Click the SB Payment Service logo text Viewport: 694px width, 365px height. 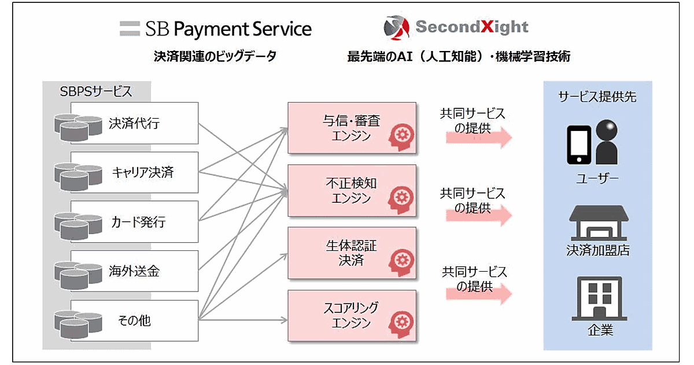tap(228, 29)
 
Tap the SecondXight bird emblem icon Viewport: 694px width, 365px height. tap(397, 28)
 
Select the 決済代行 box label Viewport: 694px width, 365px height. tap(134, 123)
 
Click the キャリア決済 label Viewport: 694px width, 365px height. tap(143, 172)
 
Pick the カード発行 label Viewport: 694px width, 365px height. tap(138, 222)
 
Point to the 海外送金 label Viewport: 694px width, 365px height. tap(134, 271)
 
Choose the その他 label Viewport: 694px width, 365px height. tap(134, 320)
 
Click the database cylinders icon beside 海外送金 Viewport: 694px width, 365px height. tap(78, 275)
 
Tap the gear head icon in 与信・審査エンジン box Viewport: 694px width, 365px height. tap(401, 137)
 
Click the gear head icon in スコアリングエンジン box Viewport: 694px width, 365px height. tap(401, 324)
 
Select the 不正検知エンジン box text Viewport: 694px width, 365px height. tap(352, 191)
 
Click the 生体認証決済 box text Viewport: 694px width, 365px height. tap(352, 253)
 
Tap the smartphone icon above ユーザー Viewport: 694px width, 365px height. tap(579, 145)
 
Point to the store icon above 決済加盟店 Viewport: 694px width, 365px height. tap(599, 223)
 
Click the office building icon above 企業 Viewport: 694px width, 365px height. tap(600, 298)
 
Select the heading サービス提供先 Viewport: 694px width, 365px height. tap(597, 97)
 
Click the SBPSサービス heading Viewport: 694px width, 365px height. tap(96, 92)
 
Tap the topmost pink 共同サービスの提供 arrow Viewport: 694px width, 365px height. tap(479, 137)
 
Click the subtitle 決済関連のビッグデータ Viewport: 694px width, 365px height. tap(215, 56)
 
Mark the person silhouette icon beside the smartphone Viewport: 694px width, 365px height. tap(607, 142)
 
